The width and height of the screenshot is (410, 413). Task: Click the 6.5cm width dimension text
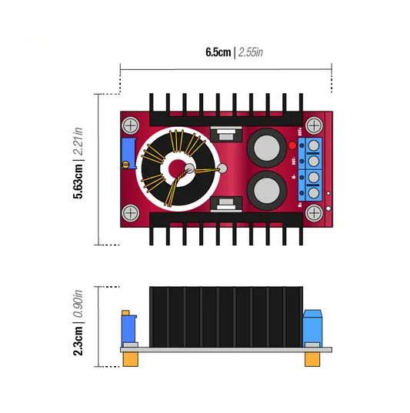[218, 52]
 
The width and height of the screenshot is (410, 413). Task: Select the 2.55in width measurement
[252, 52]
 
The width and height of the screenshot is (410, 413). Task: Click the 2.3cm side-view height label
[78, 341]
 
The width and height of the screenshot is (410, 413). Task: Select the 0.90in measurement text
[78, 305]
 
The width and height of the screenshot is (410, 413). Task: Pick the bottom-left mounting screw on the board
[130, 212]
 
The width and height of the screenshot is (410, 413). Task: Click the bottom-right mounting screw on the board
[313, 212]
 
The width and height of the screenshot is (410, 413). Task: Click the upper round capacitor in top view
[267, 144]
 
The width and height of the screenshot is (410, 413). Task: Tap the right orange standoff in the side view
[312, 359]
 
